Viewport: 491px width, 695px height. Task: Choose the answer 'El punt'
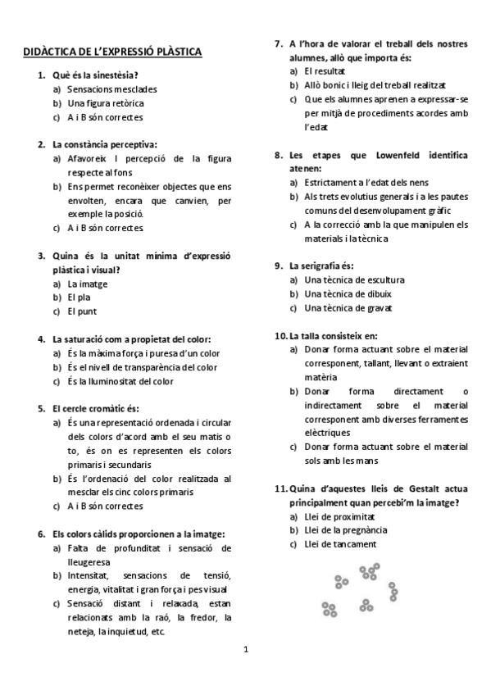coord(83,311)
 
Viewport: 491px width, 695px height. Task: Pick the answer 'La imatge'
coord(88,284)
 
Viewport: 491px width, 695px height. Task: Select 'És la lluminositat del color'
coord(120,381)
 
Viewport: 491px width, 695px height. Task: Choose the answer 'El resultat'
coord(325,71)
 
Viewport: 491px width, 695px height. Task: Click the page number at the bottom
coord(245,650)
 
